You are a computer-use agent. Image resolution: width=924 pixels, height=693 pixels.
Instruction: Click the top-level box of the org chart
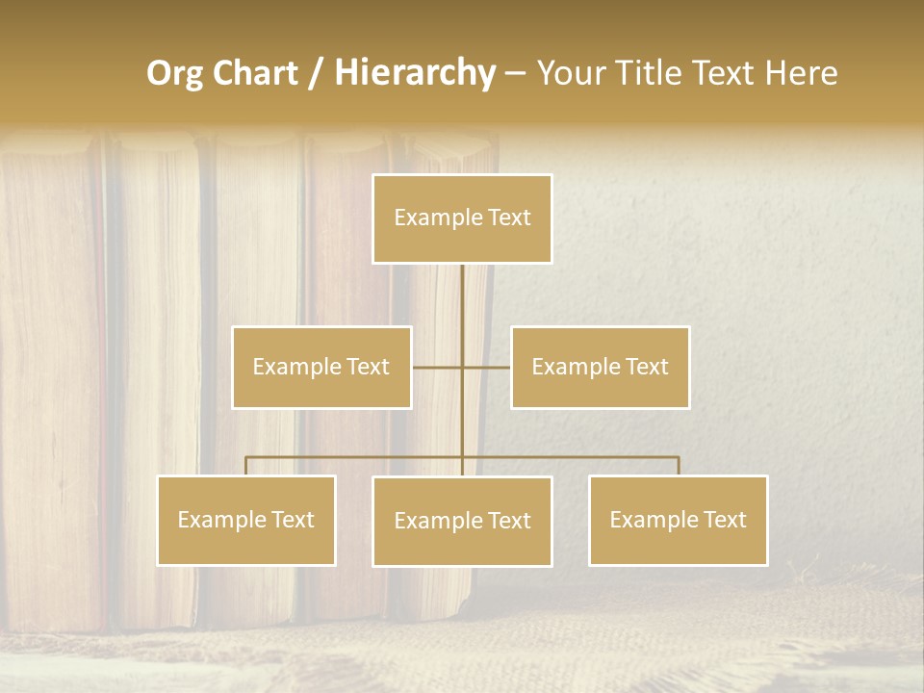462,218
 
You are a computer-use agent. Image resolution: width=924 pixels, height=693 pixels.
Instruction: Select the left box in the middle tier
321,367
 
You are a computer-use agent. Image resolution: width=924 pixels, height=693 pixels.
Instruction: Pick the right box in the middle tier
600,367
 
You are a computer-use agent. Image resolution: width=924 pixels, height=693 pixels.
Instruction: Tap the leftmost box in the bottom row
246,520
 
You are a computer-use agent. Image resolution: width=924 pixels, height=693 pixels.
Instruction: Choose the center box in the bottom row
462,521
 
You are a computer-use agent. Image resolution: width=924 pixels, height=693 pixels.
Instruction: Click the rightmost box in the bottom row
678,520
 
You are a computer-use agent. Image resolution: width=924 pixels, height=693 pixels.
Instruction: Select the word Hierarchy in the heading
415,73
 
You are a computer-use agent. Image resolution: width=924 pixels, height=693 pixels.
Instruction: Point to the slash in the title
316,73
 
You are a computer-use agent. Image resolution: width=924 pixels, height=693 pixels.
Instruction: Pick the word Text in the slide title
727,73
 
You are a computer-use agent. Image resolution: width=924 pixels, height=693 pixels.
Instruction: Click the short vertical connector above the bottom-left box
246,466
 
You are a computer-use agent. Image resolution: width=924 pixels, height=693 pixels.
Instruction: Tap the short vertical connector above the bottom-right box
679,466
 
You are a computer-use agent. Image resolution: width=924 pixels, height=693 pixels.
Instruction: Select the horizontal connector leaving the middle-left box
436,367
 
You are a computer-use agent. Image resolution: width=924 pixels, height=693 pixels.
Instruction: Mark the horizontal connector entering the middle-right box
488,367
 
